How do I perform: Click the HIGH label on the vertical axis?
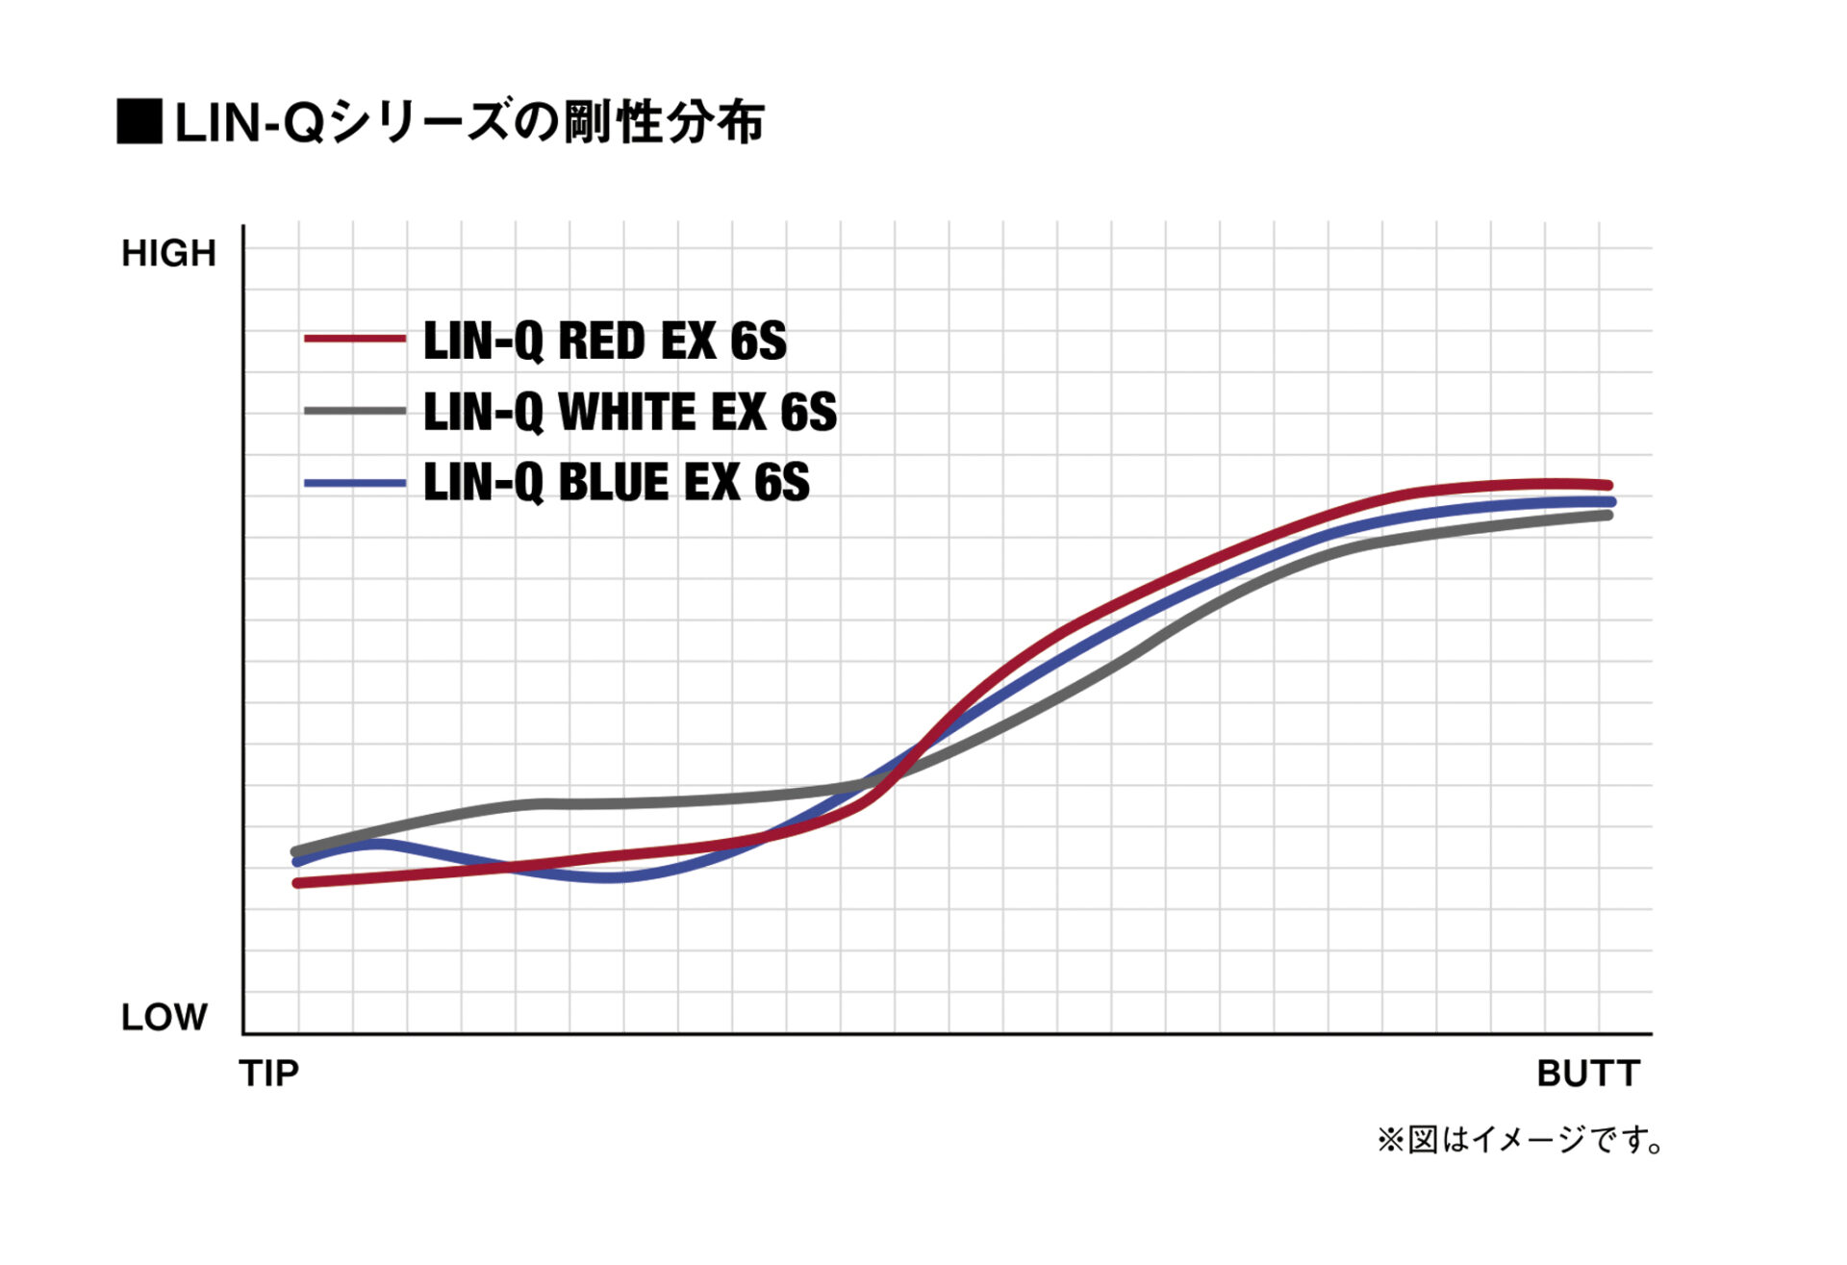[168, 253]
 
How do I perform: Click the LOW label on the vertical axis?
[164, 1017]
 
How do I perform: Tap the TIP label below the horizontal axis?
[269, 1073]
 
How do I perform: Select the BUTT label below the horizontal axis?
[1587, 1073]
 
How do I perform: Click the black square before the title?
[139, 121]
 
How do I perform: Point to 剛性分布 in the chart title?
[664, 122]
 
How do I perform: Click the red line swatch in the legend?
[354, 339]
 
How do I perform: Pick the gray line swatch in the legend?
[354, 411]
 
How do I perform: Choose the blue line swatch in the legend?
[354, 483]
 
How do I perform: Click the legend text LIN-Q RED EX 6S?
[604, 342]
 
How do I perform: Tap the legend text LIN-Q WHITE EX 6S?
[630, 412]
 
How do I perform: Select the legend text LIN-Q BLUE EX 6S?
[616, 483]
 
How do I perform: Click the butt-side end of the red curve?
[1608, 485]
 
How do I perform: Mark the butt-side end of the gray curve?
[1608, 516]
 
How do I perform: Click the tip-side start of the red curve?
[297, 882]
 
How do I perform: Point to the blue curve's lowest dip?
[616, 877]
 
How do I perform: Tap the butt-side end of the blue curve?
[1610, 501]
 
